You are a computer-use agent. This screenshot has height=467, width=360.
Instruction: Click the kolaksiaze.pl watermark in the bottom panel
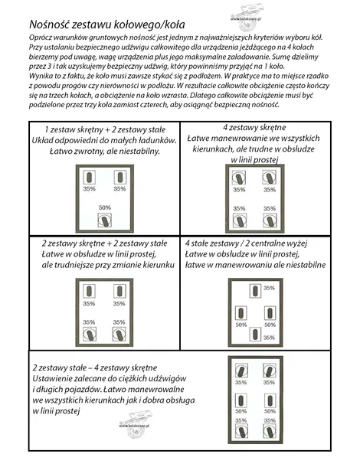(x=135, y=425)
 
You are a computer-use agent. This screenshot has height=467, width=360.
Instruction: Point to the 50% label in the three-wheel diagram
(x=105, y=207)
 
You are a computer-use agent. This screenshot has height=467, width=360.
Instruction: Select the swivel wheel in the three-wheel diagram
(x=105, y=220)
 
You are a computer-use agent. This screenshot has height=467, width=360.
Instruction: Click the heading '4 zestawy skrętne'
(x=254, y=128)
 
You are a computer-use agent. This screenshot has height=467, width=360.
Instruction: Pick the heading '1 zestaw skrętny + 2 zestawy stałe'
(x=105, y=130)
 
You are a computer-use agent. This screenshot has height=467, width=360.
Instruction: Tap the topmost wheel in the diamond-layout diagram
(x=255, y=291)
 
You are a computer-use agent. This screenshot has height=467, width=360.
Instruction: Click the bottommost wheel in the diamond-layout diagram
(x=255, y=334)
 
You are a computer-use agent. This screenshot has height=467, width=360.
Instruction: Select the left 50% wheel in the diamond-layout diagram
(x=241, y=313)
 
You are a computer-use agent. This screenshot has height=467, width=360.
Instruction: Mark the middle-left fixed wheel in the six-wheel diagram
(x=241, y=400)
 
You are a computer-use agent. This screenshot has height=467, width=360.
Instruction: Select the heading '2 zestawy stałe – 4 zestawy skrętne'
(x=95, y=367)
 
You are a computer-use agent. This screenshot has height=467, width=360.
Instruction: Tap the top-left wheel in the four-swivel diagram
(x=239, y=178)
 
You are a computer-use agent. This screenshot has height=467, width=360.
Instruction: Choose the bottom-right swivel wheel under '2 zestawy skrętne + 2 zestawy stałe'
(x=119, y=335)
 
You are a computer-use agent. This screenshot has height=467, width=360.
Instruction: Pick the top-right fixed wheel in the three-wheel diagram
(x=119, y=177)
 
